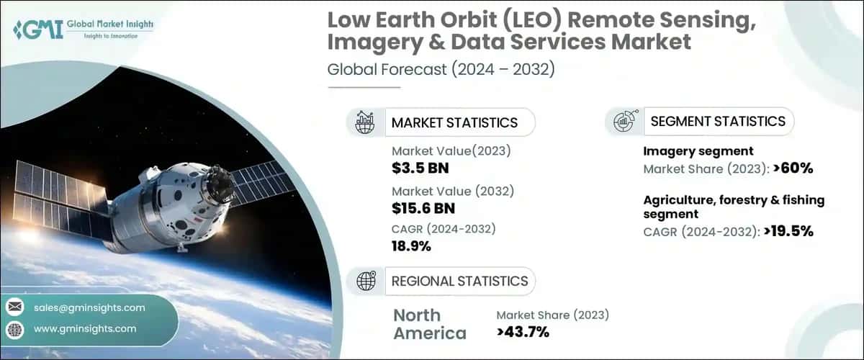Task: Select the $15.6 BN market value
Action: pos(423,208)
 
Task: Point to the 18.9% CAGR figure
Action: pos(411,246)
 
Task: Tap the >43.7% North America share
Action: pos(523,332)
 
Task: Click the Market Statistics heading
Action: pos(454,122)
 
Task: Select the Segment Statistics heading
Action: pos(718,121)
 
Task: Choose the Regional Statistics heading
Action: pos(459,281)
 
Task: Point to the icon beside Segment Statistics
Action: pos(624,122)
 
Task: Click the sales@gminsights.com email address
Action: pos(89,307)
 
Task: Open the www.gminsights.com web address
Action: pos(85,328)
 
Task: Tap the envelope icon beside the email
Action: pos(14,307)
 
